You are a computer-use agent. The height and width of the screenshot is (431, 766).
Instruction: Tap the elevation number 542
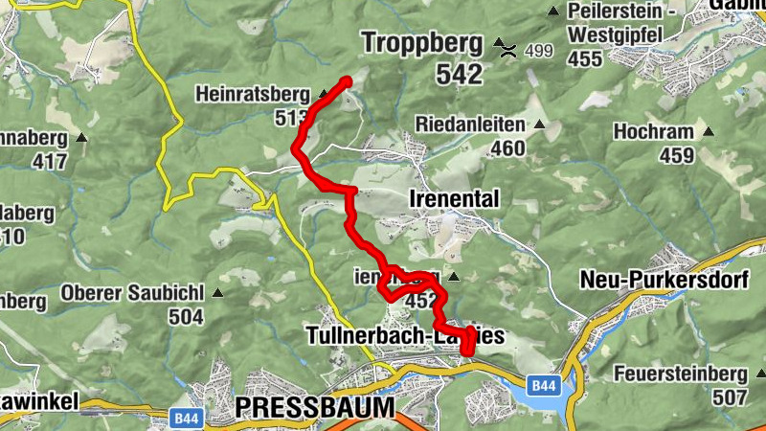coord(460,73)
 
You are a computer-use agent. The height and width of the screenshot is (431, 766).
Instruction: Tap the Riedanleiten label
coord(470,125)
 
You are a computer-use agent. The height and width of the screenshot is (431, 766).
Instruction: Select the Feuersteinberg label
coord(680,373)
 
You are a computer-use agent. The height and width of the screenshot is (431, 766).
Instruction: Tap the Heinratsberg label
coord(253,95)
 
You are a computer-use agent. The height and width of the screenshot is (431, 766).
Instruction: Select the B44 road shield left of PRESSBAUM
coord(186,419)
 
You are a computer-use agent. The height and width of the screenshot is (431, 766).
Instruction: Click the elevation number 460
coord(507,148)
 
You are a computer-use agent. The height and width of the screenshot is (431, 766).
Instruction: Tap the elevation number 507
coord(729,397)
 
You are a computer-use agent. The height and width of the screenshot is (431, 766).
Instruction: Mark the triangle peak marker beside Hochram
coord(709,130)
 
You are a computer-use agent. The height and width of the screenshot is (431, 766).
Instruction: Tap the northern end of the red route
coord(347,81)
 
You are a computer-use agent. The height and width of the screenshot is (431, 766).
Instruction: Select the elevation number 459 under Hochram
coord(676,154)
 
